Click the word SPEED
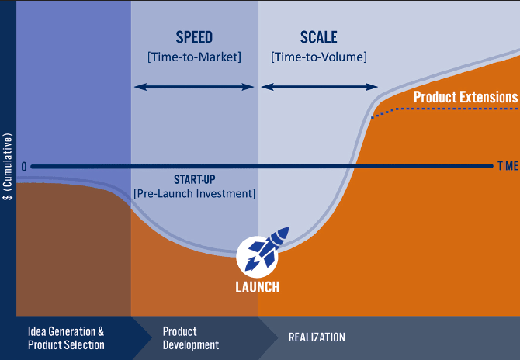(194, 37)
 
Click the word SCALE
(319, 37)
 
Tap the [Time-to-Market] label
(194, 57)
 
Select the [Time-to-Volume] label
(319, 57)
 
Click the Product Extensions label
(465, 97)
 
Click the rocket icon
(262, 251)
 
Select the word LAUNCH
(258, 286)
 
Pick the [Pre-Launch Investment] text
(194, 192)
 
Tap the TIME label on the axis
(508, 166)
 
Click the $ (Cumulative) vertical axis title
(8, 167)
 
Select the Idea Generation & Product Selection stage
(66, 337)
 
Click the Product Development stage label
(191, 337)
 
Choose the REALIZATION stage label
(317, 337)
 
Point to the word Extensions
(487, 97)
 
